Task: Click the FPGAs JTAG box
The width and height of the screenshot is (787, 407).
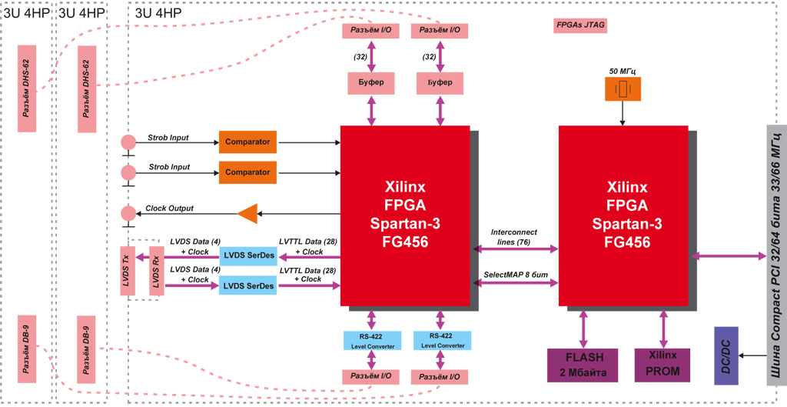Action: click(580, 25)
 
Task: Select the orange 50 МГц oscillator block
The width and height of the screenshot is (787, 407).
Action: click(623, 89)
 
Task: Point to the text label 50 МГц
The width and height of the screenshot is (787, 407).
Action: click(623, 71)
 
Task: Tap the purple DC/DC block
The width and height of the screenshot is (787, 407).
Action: click(726, 355)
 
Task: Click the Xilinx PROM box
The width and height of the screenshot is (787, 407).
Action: click(662, 365)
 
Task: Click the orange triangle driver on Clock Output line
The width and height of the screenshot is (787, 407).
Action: click(247, 213)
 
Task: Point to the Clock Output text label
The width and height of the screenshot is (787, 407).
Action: click(169, 209)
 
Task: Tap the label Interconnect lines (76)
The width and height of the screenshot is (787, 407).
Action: click(513, 236)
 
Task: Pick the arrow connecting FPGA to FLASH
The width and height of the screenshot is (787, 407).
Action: click(583, 329)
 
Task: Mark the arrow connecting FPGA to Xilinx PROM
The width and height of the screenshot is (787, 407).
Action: click(662, 329)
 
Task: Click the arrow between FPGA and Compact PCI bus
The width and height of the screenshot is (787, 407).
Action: click(728, 255)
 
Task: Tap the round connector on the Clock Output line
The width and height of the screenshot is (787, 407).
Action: click(128, 213)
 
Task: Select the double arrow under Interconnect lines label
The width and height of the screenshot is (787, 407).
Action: click(514, 249)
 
